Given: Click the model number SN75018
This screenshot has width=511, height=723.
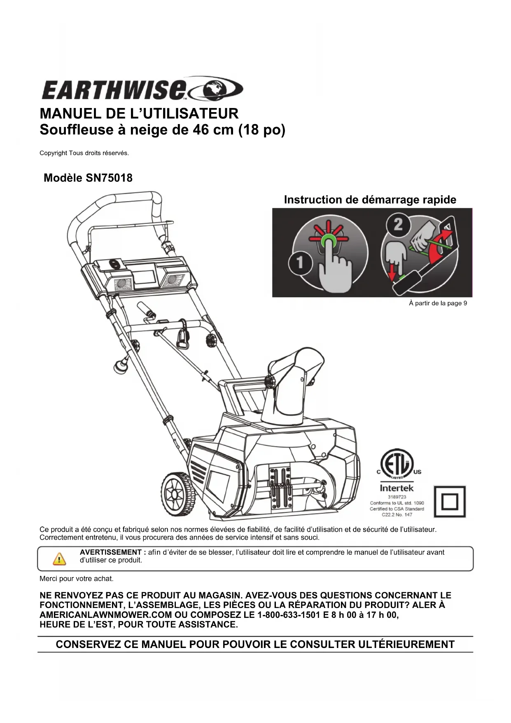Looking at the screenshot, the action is [x=109, y=178].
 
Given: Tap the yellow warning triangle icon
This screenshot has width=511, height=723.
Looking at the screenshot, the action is [x=59, y=559].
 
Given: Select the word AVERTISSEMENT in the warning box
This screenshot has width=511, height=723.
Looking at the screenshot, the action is [x=110, y=552].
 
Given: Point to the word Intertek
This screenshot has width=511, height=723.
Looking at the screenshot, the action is [x=397, y=488].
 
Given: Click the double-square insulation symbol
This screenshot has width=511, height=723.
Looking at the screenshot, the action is [x=449, y=501].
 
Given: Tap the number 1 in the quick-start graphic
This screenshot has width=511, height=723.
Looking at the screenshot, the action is [x=300, y=263].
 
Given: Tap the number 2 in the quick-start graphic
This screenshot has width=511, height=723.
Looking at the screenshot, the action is [x=398, y=225].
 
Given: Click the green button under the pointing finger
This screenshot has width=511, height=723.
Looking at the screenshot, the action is [x=329, y=240].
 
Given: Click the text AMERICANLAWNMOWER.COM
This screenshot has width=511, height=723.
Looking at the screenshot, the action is [x=105, y=615].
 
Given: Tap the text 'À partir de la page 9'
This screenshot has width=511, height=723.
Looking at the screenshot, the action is [x=438, y=303].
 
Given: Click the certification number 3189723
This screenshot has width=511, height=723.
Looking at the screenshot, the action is [x=397, y=497].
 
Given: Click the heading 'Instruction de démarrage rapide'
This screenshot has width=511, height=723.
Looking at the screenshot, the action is [x=370, y=200].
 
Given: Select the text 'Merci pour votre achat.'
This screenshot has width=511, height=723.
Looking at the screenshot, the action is [x=76, y=579].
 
